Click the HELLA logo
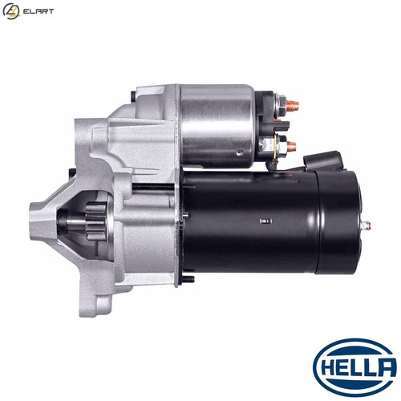coord(355,368)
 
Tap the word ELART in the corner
coord(38,11)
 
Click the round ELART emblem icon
coord(11,11)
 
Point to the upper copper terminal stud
coord(293,104)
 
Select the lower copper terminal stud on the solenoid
coord(291,146)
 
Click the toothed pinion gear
coord(95,221)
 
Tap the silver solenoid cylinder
coord(217,126)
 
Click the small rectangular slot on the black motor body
coord(266,221)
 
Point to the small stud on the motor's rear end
coord(366,225)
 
